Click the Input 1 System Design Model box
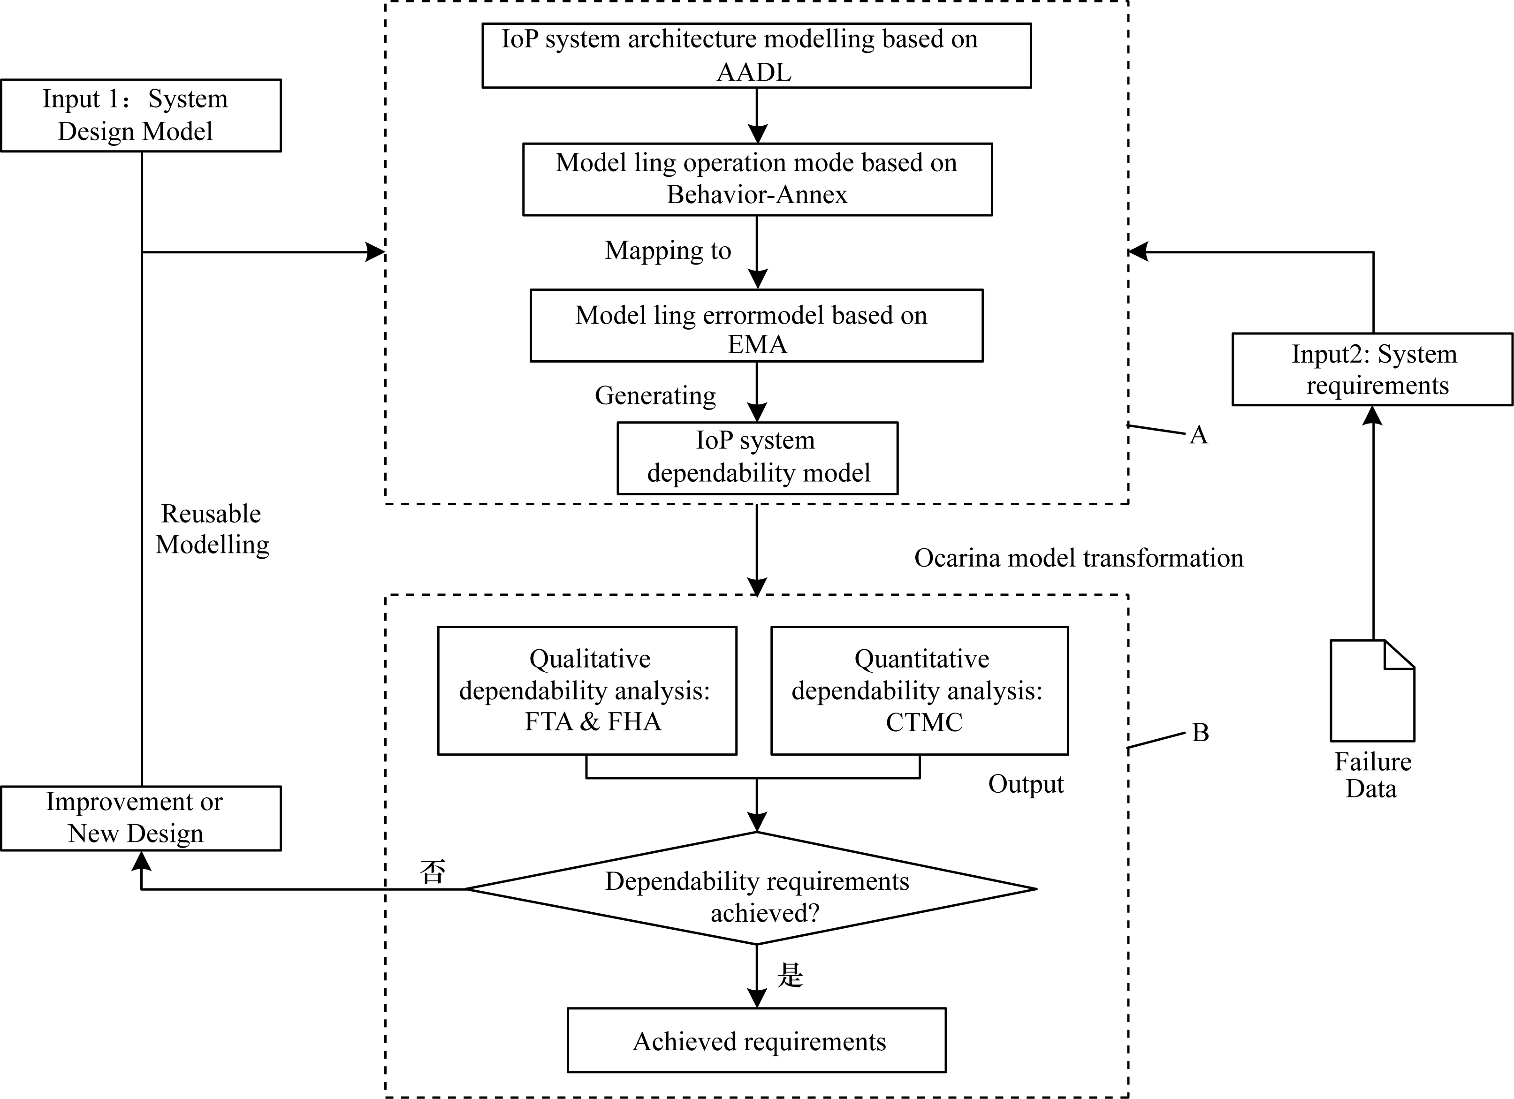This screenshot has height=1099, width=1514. [141, 115]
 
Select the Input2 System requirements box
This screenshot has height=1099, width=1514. [1372, 369]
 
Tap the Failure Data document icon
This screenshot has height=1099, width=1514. [1372, 690]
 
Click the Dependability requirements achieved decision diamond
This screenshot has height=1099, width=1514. [751, 888]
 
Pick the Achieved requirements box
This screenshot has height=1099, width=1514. [756, 1040]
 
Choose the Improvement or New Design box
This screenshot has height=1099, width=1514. [141, 818]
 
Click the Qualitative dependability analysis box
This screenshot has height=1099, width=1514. [587, 690]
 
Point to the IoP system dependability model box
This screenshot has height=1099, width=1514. [758, 458]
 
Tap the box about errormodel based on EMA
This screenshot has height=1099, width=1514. [756, 326]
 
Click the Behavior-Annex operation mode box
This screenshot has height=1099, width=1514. [758, 179]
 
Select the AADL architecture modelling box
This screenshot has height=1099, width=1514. [756, 55]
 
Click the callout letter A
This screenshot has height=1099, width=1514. [1198, 435]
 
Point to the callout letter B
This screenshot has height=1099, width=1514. [1200, 733]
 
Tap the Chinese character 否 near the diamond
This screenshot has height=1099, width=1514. [433, 872]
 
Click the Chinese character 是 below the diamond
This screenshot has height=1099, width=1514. [790, 975]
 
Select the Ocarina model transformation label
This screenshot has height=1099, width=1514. [1079, 558]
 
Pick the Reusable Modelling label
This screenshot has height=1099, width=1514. [212, 529]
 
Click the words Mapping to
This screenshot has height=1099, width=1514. [668, 250]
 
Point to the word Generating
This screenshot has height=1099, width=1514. [655, 396]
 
